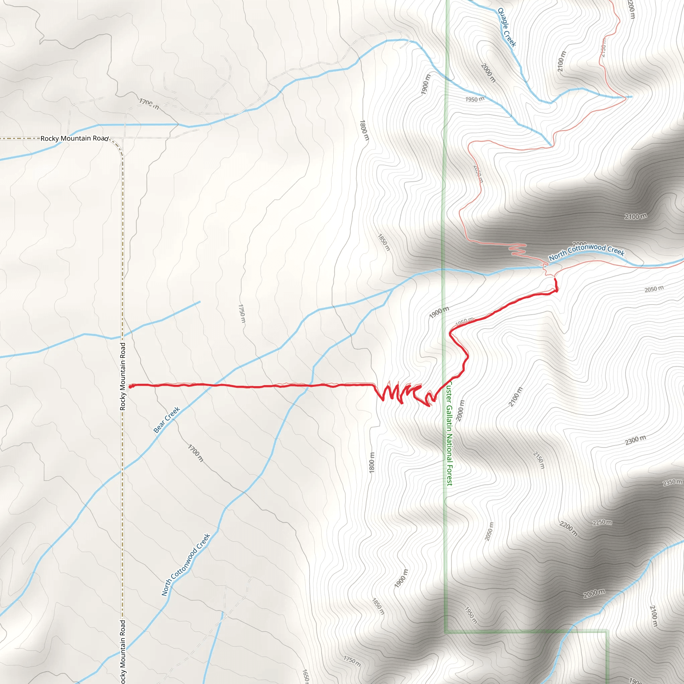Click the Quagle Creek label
(507, 28)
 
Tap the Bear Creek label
(167, 420)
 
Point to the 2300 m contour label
(636, 441)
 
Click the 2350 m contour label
(672, 483)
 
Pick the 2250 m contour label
(602, 523)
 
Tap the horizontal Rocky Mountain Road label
(74, 138)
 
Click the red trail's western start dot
(130, 387)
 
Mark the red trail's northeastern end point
(555, 279)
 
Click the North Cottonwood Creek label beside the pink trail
(586, 252)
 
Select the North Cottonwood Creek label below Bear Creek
(186, 565)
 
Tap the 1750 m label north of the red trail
(242, 313)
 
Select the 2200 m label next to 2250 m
(568, 529)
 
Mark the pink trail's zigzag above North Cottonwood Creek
(517, 248)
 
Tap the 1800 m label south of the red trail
(371, 462)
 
